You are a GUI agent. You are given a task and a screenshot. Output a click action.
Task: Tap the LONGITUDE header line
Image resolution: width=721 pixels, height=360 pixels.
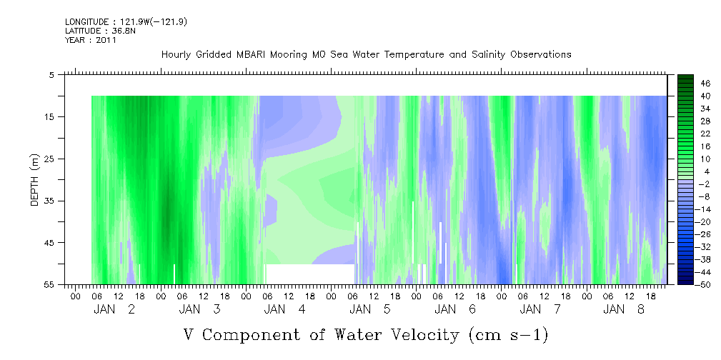(126, 21)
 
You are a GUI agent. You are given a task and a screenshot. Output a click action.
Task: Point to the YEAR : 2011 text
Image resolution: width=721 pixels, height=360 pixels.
(91, 40)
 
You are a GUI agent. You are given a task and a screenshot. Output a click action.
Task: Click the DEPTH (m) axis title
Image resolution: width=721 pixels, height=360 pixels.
(35, 180)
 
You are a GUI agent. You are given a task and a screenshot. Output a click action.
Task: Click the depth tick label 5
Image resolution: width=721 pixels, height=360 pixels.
(51, 75)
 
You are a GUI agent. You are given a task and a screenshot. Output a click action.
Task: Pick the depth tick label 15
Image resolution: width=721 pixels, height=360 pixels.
(49, 116)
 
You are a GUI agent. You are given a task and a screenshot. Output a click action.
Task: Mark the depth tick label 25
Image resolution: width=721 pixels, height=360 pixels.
(49, 159)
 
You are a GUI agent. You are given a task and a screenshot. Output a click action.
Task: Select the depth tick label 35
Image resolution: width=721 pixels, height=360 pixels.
(49, 201)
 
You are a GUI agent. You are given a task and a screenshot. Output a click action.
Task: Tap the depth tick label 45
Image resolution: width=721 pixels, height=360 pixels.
(49, 243)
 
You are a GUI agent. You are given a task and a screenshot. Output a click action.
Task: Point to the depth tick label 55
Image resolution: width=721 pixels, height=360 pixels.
(49, 284)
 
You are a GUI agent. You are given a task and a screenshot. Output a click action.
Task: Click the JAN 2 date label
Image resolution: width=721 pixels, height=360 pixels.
(114, 309)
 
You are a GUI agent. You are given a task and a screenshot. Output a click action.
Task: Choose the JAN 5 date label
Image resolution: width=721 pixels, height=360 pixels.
(370, 309)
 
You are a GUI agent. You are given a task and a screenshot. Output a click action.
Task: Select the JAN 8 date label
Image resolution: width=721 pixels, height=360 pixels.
(624, 309)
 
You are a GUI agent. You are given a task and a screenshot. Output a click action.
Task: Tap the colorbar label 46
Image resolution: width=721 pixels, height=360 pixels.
(705, 84)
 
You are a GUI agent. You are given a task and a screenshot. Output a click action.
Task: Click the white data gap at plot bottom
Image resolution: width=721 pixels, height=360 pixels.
(310, 274)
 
